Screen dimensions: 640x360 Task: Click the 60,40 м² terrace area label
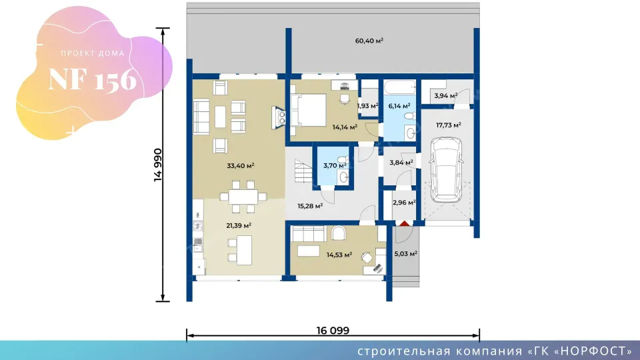tap(369, 41)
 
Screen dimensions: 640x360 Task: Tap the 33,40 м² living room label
tap(241, 166)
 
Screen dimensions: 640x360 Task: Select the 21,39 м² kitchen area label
tap(239, 225)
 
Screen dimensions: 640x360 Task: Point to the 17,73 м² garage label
tap(449, 125)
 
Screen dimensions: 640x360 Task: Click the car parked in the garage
tap(446, 169)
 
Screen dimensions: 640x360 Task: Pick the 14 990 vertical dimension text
tap(158, 165)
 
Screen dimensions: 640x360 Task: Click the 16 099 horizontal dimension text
tap(333, 330)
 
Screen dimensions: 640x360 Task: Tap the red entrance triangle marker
tap(404, 223)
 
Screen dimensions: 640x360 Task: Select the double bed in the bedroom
tap(308, 110)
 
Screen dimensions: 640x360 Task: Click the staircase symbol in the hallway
tap(303, 171)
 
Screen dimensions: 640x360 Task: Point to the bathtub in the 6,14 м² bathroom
tap(400, 87)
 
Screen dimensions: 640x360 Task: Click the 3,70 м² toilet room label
tap(335, 166)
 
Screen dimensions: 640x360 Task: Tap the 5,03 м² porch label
tap(406, 253)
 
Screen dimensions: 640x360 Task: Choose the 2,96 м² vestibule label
tap(404, 203)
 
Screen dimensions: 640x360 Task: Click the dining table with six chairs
tap(243, 197)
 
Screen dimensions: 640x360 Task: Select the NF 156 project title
tap(92, 79)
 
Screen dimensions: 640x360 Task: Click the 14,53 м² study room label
tap(339, 255)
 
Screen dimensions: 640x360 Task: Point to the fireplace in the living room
tap(279, 118)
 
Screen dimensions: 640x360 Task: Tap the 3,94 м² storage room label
tap(446, 96)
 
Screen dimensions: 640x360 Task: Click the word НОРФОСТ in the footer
tap(594, 351)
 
